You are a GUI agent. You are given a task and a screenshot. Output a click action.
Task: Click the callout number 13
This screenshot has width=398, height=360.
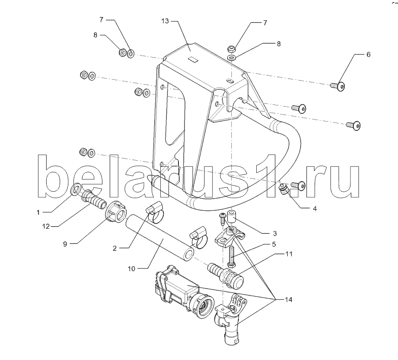tap(165, 21)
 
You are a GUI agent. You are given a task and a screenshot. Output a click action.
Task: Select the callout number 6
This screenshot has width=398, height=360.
tap(368, 54)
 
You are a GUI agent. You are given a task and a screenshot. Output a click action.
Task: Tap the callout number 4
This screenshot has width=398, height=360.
tap(315, 208)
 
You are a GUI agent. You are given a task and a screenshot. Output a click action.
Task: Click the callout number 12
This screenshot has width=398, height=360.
tap(46, 226)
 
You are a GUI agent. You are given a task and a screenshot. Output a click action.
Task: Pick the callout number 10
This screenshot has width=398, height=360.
tap(131, 269)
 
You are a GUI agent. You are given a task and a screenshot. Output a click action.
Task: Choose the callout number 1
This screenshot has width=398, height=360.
tap(38, 212)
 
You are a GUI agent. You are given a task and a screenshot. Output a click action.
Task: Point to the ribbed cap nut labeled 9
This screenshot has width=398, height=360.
tap(115, 213)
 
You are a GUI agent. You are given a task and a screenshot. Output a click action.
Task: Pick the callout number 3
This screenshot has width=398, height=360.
tap(275, 233)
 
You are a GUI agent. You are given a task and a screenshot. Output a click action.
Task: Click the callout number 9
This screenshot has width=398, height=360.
tap(65, 244)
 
